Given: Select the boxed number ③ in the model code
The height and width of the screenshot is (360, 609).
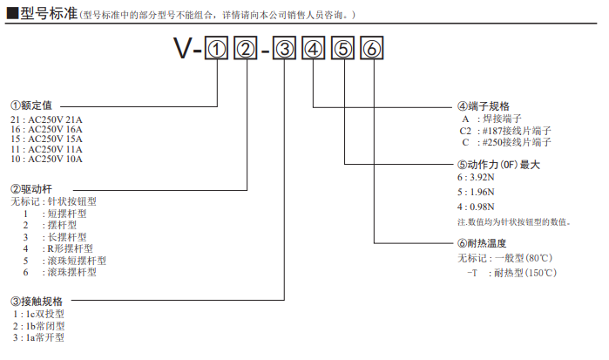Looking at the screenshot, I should (x=284, y=50).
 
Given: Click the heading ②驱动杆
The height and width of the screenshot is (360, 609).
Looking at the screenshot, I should (x=32, y=188).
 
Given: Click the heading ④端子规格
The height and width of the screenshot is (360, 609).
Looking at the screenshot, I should (x=484, y=105).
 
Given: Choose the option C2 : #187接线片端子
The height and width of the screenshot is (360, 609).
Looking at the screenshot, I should (x=506, y=130).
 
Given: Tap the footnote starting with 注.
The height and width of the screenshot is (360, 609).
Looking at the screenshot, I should (x=514, y=222).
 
